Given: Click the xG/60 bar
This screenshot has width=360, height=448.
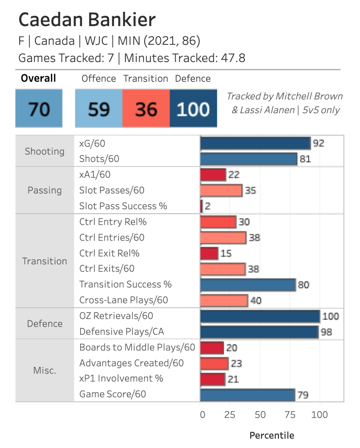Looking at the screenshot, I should [x=255, y=143].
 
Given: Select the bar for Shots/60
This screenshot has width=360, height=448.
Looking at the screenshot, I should [x=249, y=159].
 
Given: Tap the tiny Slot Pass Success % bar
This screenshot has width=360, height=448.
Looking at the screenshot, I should [x=202, y=206].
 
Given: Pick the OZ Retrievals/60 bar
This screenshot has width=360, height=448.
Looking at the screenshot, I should [x=260, y=316].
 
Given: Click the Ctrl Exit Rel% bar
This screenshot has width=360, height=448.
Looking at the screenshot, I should [x=210, y=253].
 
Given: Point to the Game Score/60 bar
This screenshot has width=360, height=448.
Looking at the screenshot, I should [x=248, y=394].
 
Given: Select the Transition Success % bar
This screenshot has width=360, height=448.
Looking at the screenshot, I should [x=248, y=284].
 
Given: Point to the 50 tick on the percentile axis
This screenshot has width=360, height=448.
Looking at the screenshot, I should [x=260, y=415].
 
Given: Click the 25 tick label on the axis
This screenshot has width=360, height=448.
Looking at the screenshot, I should [x=230, y=415].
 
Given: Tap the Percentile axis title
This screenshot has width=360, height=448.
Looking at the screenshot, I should [x=271, y=435].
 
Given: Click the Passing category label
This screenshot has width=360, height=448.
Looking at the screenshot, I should [x=45, y=190].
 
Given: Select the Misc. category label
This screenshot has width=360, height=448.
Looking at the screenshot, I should [x=45, y=370].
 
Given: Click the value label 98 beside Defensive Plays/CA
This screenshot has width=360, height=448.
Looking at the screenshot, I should [x=326, y=332].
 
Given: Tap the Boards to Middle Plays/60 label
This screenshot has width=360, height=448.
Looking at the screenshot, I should [x=137, y=347].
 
